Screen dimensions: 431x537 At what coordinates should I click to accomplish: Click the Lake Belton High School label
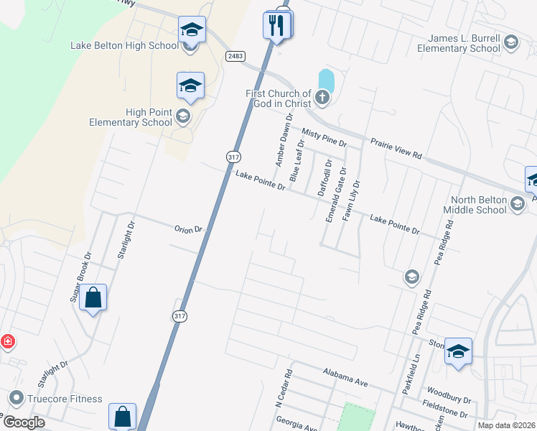124,46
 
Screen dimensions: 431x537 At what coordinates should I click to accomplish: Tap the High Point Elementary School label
131,117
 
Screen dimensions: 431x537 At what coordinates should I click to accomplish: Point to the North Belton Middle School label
479,205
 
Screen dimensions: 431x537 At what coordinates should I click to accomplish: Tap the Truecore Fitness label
65,399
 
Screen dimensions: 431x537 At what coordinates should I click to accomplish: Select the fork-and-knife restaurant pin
277,25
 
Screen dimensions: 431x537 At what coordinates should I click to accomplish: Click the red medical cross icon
7,341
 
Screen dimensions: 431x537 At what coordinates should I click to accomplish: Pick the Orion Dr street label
190,230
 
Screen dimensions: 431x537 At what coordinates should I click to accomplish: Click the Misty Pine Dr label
324,137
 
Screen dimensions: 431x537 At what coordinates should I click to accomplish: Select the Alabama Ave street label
345,378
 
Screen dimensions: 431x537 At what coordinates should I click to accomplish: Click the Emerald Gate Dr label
335,195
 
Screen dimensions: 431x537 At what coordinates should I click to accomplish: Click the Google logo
23,422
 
